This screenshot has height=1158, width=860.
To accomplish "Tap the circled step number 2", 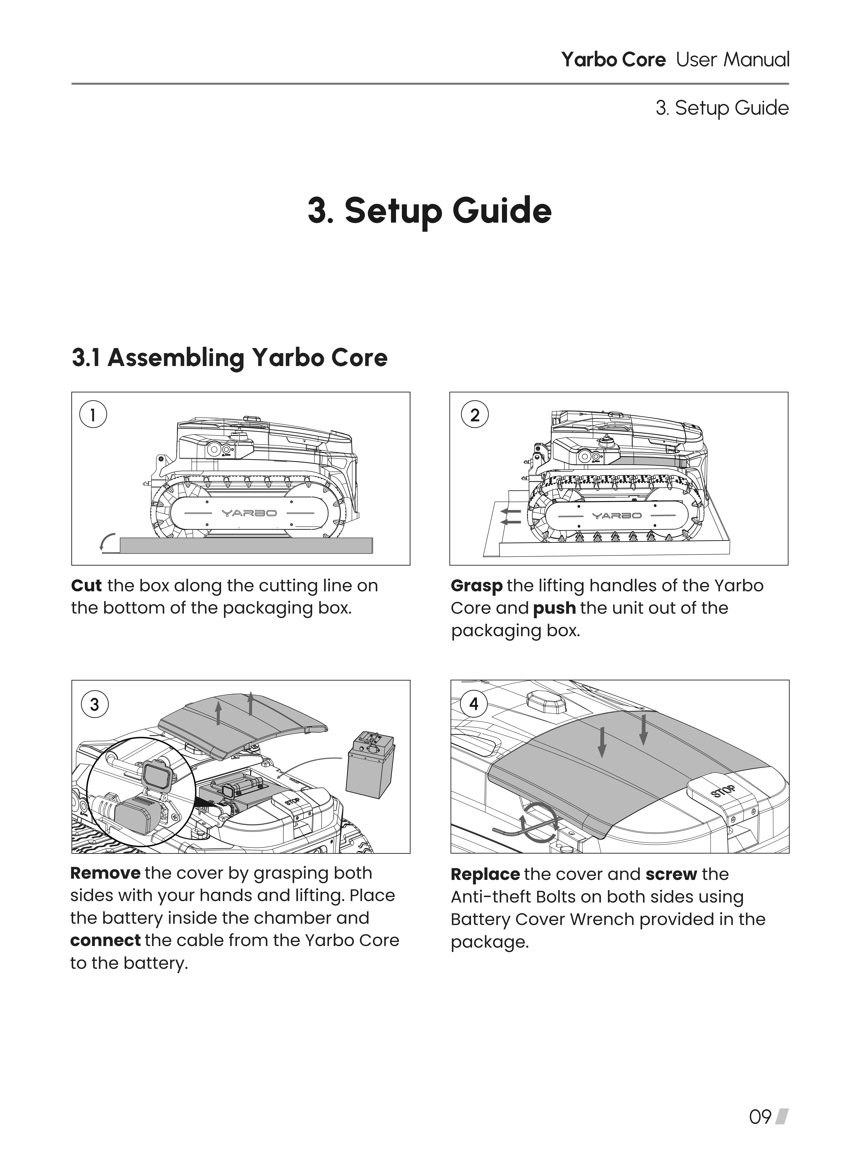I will click(474, 415).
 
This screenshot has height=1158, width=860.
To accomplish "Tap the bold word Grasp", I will click(476, 586).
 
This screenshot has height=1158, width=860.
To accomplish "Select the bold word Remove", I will click(105, 873).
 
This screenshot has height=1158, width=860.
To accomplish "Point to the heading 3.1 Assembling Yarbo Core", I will click(229, 358).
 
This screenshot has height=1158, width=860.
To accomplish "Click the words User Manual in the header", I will click(733, 60).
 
